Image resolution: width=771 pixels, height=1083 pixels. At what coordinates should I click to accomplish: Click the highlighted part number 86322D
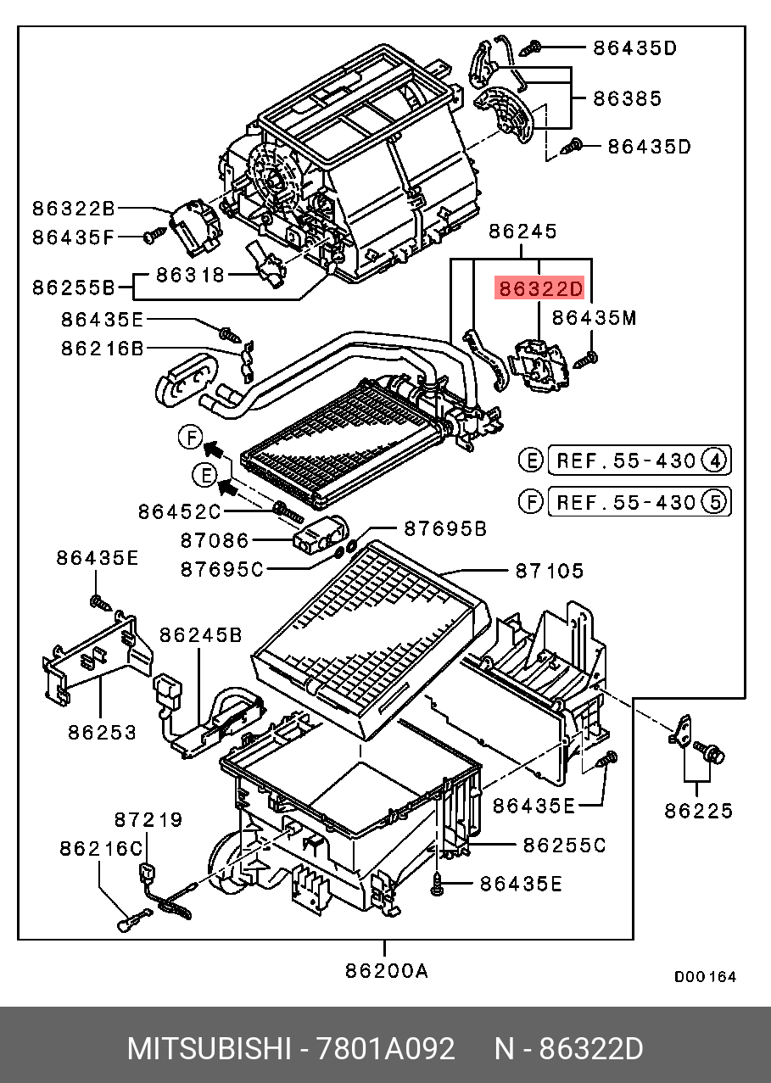540,289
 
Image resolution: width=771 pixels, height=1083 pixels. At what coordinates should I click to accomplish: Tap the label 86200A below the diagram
386,972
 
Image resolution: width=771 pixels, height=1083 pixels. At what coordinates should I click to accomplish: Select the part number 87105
549,571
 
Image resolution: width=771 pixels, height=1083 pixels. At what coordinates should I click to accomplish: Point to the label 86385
627,98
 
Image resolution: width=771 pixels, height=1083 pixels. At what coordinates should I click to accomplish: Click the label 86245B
201,634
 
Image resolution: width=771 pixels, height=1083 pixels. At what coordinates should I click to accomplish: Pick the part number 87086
215,540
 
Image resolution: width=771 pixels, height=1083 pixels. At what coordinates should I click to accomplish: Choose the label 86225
698,811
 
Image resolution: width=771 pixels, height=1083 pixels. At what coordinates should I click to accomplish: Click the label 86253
102,732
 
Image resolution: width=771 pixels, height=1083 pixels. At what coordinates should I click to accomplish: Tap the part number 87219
148,819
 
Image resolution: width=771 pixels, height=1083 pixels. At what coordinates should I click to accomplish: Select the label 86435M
594,318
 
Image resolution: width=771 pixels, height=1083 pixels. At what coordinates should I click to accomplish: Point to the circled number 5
715,502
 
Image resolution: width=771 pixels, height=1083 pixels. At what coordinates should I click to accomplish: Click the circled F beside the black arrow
191,438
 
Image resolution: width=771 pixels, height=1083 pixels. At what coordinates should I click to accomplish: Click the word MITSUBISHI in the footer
208,1049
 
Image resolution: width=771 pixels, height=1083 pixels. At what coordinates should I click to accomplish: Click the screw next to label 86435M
587,359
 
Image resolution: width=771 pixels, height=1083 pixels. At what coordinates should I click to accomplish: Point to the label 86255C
564,845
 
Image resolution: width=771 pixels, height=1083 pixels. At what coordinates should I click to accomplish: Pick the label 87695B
444,528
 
